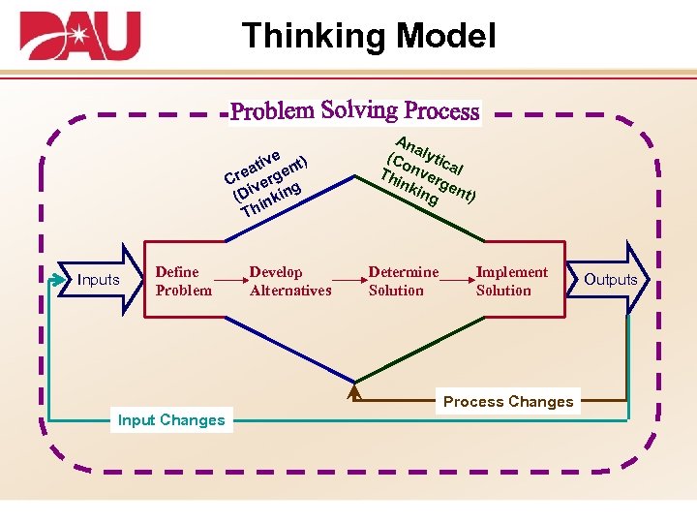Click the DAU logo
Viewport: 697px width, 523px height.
[x=80, y=36]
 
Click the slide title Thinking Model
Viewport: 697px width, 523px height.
[x=369, y=36]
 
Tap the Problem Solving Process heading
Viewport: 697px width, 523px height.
[x=354, y=110]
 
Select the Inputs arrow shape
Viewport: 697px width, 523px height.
[x=100, y=280]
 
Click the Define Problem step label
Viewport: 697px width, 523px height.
[x=183, y=281]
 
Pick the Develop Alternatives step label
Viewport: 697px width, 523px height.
[x=289, y=281]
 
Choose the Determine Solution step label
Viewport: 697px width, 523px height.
[x=403, y=281]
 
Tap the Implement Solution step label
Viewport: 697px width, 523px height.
[x=511, y=281]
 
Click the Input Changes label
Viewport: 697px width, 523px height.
[x=170, y=420]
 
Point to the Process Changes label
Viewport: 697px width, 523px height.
[x=508, y=402]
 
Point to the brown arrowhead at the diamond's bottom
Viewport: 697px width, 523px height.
[x=355, y=392]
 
